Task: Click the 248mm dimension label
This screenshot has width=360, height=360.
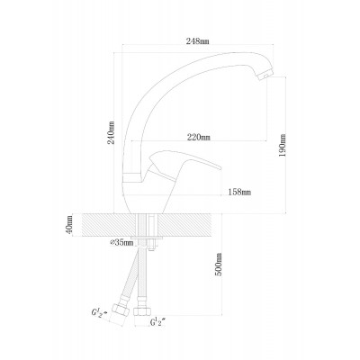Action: tap(197, 41)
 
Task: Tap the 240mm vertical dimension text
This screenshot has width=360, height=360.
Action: tap(112, 132)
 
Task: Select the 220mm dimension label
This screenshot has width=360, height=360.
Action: tap(199, 138)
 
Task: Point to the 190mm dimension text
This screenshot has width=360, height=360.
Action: tap(283, 145)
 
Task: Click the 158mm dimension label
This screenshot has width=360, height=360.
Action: tap(239, 192)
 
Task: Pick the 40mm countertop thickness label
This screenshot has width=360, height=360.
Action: tap(69, 225)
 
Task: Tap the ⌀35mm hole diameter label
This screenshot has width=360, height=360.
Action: tap(121, 243)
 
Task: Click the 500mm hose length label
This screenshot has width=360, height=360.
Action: tap(219, 265)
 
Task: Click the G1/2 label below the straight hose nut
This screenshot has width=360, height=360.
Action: tap(157, 322)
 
